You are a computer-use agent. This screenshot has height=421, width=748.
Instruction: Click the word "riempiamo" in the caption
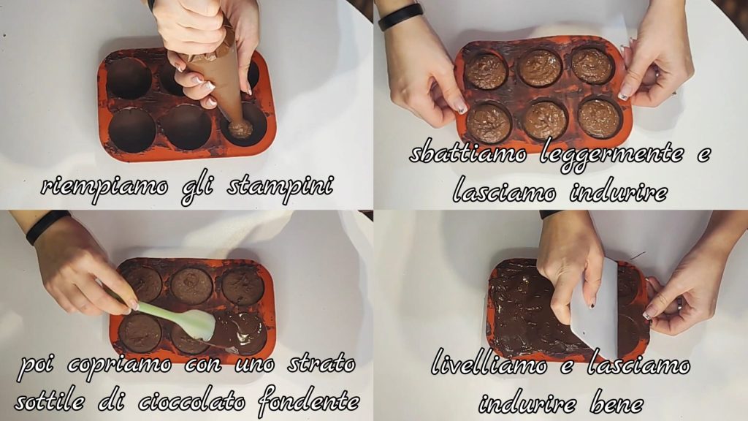coord(104,186)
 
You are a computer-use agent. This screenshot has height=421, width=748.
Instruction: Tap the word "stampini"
coord(280,186)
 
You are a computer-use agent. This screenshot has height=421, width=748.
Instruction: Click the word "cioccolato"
coord(192,401)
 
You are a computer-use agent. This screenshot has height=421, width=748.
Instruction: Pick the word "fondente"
coord(309,401)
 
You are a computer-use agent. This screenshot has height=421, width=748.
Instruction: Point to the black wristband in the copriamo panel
coord(47,227)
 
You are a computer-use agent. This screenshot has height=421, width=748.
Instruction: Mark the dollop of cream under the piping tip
coord(240,129)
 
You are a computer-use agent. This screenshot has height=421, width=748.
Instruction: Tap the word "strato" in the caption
coord(321,365)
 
